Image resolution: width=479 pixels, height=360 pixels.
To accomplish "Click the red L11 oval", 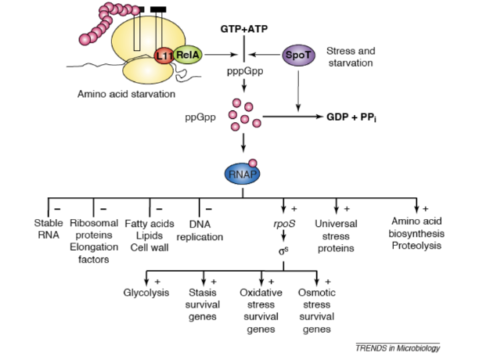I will click(x=164, y=56).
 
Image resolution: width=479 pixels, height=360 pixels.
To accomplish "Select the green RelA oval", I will click(x=187, y=55).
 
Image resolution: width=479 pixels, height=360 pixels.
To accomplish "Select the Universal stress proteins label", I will click(x=337, y=236).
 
